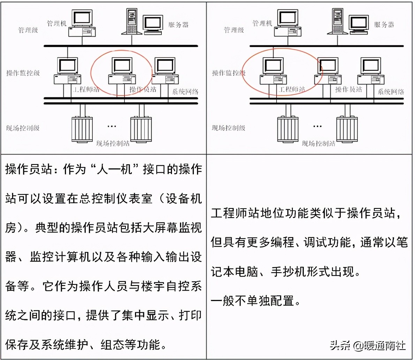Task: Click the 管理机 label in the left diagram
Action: [56, 23]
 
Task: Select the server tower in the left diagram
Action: [132, 21]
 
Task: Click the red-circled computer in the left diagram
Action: [122, 71]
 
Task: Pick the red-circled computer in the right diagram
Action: [273, 71]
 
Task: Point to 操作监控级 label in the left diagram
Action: [23, 73]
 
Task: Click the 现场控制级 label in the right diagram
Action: [228, 128]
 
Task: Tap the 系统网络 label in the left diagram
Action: [185, 92]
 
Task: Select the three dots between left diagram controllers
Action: [112, 126]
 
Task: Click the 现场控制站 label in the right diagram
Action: [318, 143]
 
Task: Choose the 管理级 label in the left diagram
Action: [28, 30]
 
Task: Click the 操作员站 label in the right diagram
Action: [348, 90]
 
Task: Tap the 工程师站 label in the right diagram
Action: [292, 90]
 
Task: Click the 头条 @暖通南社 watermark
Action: [368, 345]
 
